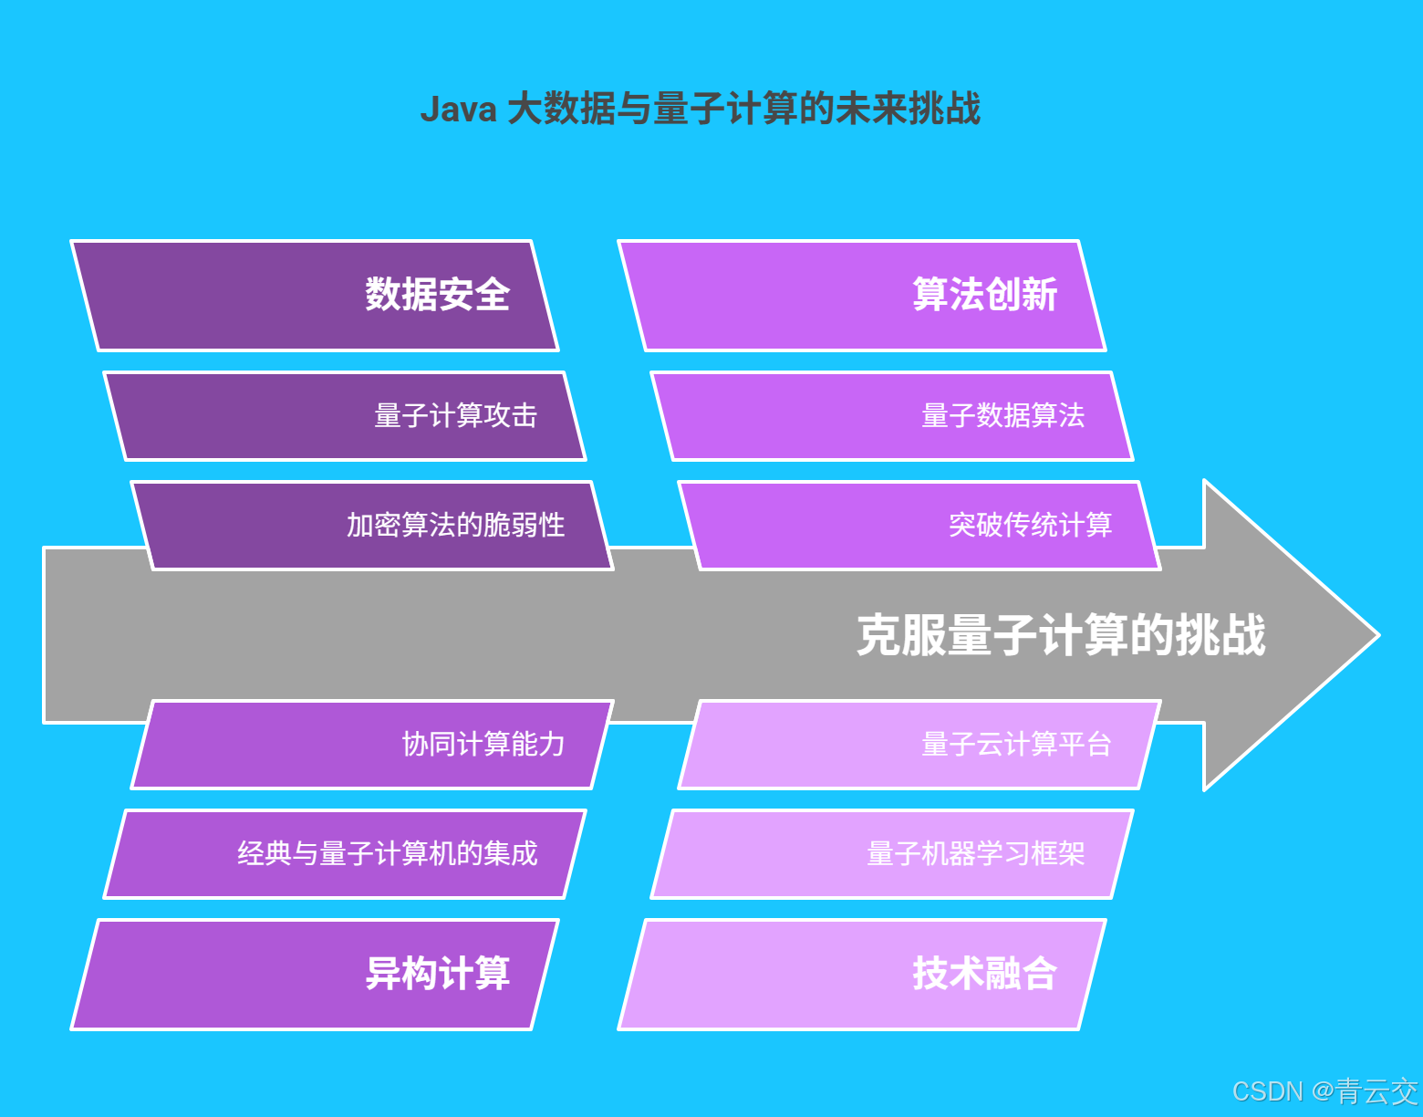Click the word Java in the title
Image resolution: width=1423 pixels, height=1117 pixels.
[458, 110]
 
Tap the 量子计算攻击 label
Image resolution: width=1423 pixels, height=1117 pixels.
[455, 416]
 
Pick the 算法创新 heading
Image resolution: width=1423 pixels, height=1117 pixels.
[984, 295]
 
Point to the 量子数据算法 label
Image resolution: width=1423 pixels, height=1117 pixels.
[1002, 416]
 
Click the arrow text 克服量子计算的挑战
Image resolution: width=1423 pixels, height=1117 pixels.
[1061, 635]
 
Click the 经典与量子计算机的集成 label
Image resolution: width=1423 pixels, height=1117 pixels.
[388, 854]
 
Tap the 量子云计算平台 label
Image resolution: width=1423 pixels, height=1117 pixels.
[1016, 745]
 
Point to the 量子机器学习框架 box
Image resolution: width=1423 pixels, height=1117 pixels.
[975, 854]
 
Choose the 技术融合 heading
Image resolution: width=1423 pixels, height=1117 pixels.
[984, 974]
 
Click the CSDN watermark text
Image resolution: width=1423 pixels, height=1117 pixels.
[1267, 1091]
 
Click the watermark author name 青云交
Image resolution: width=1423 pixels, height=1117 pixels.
[1376, 1091]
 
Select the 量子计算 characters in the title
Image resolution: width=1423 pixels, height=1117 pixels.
[725, 110]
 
